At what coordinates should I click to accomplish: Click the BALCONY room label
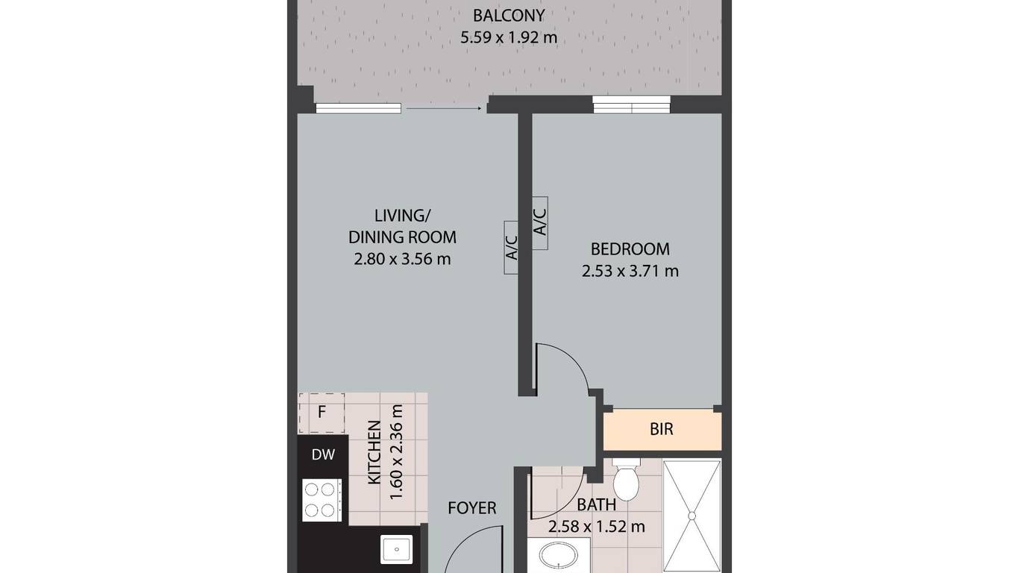[x=509, y=16]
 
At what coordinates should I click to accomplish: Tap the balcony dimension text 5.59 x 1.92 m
[x=509, y=37]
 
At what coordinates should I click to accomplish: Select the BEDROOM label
[x=630, y=249]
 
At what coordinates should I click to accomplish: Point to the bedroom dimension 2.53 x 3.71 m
[x=630, y=272]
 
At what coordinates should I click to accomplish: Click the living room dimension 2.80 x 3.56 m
[x=402, y=259]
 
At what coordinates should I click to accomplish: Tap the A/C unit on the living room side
[x=511, y=248]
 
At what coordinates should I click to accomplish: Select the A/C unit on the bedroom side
[x=540, y=223]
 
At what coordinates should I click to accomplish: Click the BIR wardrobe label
[x=662, y=429]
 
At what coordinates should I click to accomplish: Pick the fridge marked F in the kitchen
[x=322, y=413]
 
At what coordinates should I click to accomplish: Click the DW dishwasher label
[x=324, y=454]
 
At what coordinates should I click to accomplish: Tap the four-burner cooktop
[x=322, y=500]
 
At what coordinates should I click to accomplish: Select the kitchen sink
[x=397, y=549]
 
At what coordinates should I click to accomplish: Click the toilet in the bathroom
[x=626, y=480]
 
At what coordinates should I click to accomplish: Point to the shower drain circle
[x=692, y=516]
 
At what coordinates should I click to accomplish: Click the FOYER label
[x=471, y=508]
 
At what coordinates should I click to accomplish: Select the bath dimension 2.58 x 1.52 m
[x=596, y=527]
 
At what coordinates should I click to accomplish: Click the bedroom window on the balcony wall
[x=631, y=104]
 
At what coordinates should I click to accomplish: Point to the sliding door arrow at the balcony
[x=444, y=108]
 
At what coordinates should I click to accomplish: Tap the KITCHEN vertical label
[x=374, y=452]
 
